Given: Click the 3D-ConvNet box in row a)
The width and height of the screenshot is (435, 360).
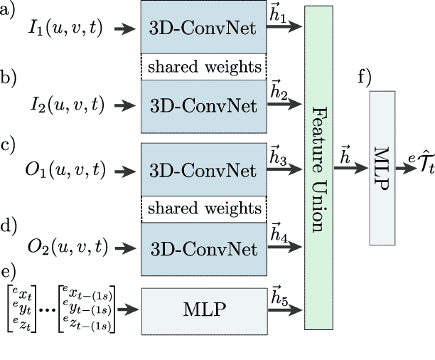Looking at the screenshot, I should coord(203,28).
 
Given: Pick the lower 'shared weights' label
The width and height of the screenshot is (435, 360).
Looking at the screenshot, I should coord(203,209).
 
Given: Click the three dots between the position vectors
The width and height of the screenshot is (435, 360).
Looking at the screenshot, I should coord(46,308).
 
